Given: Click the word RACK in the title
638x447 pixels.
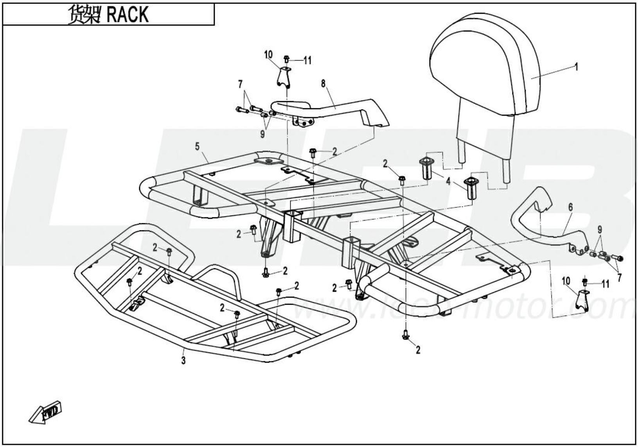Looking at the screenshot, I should [127, 14].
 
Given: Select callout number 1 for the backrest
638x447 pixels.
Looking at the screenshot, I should [576, 67].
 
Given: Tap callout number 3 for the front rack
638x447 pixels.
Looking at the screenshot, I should [183, 361].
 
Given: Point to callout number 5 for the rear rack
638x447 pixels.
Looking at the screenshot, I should [197, 147].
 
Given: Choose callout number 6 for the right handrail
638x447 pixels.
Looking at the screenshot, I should [571, 207].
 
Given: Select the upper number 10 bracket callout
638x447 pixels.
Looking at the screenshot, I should [268, 54].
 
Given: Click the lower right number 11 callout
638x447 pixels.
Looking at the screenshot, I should [605, 284].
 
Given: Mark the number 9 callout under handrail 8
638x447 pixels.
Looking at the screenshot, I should [262, 134].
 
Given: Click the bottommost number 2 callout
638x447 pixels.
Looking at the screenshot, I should [418, 350].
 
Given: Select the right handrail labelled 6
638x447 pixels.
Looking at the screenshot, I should [548, 235].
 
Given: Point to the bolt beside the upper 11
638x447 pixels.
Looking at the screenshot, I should [286, 59].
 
